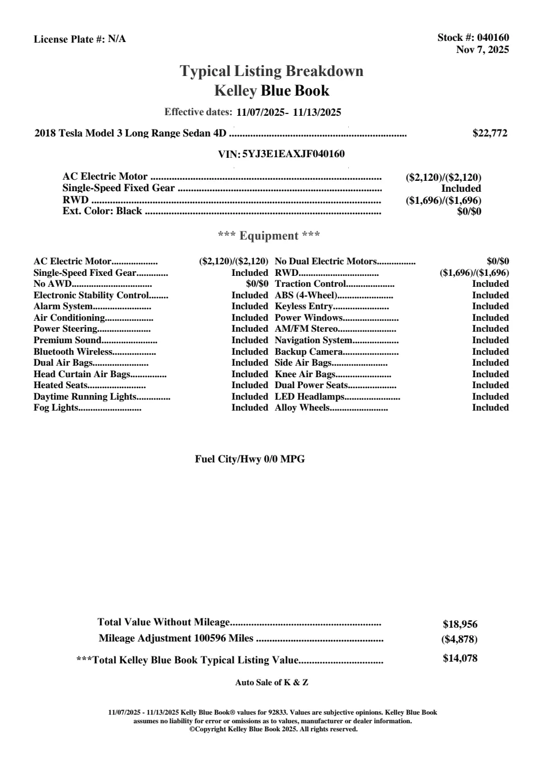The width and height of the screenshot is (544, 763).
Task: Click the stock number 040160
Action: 493,38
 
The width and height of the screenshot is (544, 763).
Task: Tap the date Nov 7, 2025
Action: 482,50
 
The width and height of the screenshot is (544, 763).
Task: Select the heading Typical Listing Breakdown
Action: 272,71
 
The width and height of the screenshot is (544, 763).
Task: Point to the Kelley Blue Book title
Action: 272,90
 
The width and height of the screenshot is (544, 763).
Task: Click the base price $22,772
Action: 490,133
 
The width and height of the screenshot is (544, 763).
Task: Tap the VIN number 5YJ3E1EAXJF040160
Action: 294,154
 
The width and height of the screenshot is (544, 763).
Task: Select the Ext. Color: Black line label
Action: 102,211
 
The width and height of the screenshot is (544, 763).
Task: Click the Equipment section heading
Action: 269,236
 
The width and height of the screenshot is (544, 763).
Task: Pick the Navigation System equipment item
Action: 313,340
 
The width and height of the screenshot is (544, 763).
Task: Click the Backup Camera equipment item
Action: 309,352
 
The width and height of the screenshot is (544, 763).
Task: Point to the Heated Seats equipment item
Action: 60,385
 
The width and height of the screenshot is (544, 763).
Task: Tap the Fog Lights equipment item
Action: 55,408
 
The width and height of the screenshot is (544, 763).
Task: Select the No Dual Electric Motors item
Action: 326,261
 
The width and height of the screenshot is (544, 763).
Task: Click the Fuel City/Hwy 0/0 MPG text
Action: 250,459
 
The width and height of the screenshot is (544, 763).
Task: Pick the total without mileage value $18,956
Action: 460,624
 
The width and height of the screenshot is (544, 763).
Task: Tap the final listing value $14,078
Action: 460,658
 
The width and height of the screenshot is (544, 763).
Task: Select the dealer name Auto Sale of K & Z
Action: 272,682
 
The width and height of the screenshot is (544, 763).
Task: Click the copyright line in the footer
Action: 273,729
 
